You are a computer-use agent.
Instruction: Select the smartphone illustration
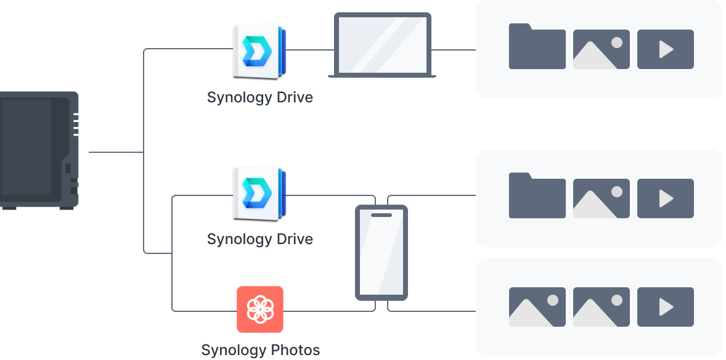[381, 253]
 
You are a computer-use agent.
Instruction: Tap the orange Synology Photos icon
[260, 309]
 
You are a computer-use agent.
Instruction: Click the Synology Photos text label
[261, 350]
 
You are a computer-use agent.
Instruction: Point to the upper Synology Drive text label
[259, 97]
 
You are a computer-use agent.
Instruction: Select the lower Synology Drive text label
[259, 239]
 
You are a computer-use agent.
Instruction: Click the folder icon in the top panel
[537, 47]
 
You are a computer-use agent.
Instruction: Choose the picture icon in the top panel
[601, 49]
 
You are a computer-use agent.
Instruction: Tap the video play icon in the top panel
[665, 49]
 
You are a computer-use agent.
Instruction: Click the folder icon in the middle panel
[537, 196]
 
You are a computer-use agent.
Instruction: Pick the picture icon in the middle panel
[601, 198]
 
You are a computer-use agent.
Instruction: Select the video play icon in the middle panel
[665, 198]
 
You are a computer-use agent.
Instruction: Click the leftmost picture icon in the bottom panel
[537, 307]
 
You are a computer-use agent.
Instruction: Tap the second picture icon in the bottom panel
[601, 307]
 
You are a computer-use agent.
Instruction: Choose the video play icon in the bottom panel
[665, 307]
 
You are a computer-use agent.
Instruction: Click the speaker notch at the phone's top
[381, 215]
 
